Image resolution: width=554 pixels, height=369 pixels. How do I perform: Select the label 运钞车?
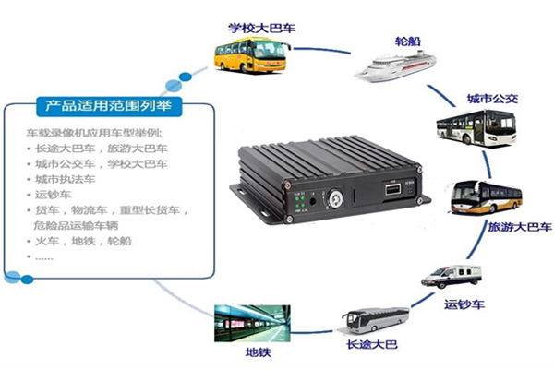(464, 304)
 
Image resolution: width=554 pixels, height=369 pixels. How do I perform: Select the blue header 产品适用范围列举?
(107, 103)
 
